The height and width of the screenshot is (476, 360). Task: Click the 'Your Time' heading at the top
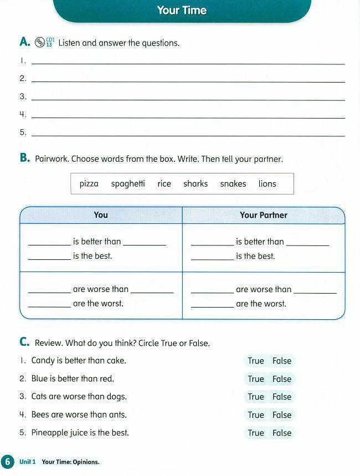(x=182, y=11)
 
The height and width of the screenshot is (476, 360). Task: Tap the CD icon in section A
(x=40, y=42)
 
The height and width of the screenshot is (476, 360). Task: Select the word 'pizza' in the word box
(x=89, y=184)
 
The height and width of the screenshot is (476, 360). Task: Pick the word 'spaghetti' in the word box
(x=128, y=184)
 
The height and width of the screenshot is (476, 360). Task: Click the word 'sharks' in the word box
(x=196, y=184)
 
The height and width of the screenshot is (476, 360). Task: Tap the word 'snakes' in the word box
(x=233, y=184)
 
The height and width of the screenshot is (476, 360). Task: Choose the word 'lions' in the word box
(x=267, y=184)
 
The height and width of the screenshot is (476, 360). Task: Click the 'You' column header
(x=101, y=215)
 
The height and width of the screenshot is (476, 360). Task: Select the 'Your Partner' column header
(x=264, y=215)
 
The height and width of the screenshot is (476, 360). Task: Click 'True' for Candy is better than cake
(x=256, y=361)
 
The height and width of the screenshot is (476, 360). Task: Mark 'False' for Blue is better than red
(x=282, y=379)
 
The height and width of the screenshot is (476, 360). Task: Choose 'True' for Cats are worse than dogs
(x=256, y=397)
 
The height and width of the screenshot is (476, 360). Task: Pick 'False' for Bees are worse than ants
(x=282, y=415)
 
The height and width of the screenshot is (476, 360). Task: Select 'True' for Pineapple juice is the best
(x=256, y=433)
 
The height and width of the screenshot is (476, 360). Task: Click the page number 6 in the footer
(x=7, y=462)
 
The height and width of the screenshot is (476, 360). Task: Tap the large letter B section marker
(x=24, y=158)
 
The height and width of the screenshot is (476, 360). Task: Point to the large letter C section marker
(x=24, y=342)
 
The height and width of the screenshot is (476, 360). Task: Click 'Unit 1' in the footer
(x=28, y=462)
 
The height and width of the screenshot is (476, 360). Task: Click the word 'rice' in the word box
(x=164, y=184)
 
